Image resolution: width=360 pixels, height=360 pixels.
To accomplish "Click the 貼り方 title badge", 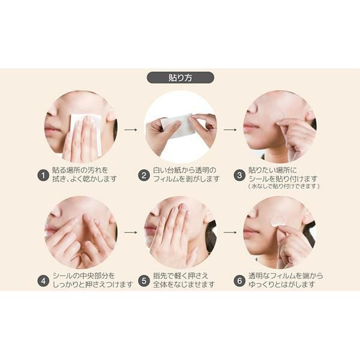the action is click(x=181, y=78).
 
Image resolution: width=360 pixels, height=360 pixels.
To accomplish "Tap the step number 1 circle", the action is click(x=43, y=175).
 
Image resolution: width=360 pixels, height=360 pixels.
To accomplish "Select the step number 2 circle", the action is click(x=144, y=175).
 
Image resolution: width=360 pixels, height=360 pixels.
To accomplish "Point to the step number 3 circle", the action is click(x=239, y=175).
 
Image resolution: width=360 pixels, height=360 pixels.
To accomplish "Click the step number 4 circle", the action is click(x=43, y=281).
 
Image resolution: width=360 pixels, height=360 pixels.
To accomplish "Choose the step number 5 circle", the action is click(x=144, y=281).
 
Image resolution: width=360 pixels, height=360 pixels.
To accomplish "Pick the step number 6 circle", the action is click(x=239, y=281).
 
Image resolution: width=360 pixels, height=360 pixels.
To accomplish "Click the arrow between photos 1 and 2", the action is click(x=131, y=130).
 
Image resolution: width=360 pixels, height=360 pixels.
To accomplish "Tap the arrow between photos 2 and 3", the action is click(x=230, y=130).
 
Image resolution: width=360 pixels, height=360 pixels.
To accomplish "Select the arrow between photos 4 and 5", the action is click(x=131, y=232).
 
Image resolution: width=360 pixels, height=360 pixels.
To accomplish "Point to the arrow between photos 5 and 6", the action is click(x=230, y=232).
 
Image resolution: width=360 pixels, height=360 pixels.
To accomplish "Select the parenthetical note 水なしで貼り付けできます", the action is click(x=284, y=186).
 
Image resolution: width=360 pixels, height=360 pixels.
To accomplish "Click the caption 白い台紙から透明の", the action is click(x=185, y=170).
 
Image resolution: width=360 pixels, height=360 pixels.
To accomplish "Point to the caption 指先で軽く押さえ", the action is click(x=181, y=276).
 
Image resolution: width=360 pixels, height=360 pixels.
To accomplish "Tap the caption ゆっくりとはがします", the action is click(x=281, y=284).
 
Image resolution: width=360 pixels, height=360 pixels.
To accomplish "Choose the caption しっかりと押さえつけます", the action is click(x=93, y=284).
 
